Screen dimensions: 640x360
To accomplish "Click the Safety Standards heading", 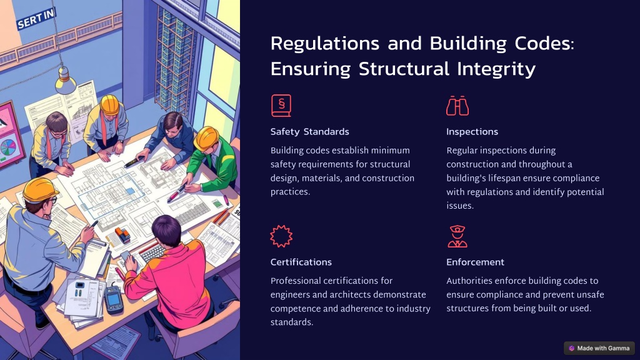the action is tap(309, 132).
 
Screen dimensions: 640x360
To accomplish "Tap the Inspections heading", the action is tap(472, 132).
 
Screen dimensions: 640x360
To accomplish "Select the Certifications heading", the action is tap(301, 262).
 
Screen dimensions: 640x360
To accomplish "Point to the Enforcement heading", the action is tap(475, 262).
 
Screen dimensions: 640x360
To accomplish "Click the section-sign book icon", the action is tap(281, 106).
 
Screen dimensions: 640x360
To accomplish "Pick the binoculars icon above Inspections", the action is tap(457, 106).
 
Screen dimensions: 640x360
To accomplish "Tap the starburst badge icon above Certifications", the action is tap(281, 236).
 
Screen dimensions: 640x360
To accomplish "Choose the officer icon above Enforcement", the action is tap(457, 236).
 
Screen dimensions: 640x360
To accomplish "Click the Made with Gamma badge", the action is tap(599, 348).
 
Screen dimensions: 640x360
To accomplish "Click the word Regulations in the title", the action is tap(325, 43).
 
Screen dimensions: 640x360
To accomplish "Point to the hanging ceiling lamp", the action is tap(65, 81).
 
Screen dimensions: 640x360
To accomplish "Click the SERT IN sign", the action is tap(36, 19).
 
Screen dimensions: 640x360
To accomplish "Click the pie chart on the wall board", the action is tap(8, 147).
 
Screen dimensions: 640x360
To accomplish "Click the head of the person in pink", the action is tap(166, 231).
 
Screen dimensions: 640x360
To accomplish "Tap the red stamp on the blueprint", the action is tap(122, 234).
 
